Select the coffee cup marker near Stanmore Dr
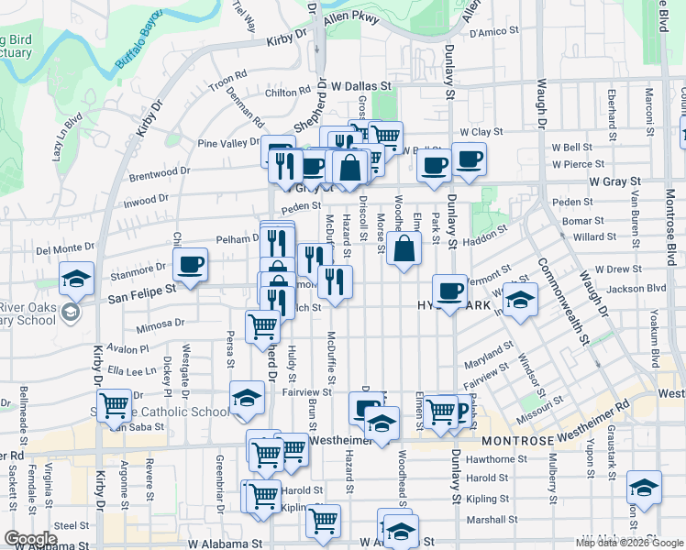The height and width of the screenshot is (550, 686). tap(190, 265)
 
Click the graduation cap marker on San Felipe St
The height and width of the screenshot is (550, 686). tap(77, 279)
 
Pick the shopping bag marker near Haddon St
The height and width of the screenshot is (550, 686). tap(404, 248)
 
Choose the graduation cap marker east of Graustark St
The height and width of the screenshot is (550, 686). tap(644, 488)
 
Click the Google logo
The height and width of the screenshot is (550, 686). tap(30, 539)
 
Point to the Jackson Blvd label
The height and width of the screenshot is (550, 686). tap(639, 288)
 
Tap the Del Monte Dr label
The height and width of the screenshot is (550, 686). tap(65, 247)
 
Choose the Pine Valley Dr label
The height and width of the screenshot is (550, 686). tap(229, 143)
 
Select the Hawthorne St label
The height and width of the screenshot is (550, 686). tap(486, 459)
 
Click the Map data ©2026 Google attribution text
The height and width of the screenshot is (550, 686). tap(629, 543)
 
